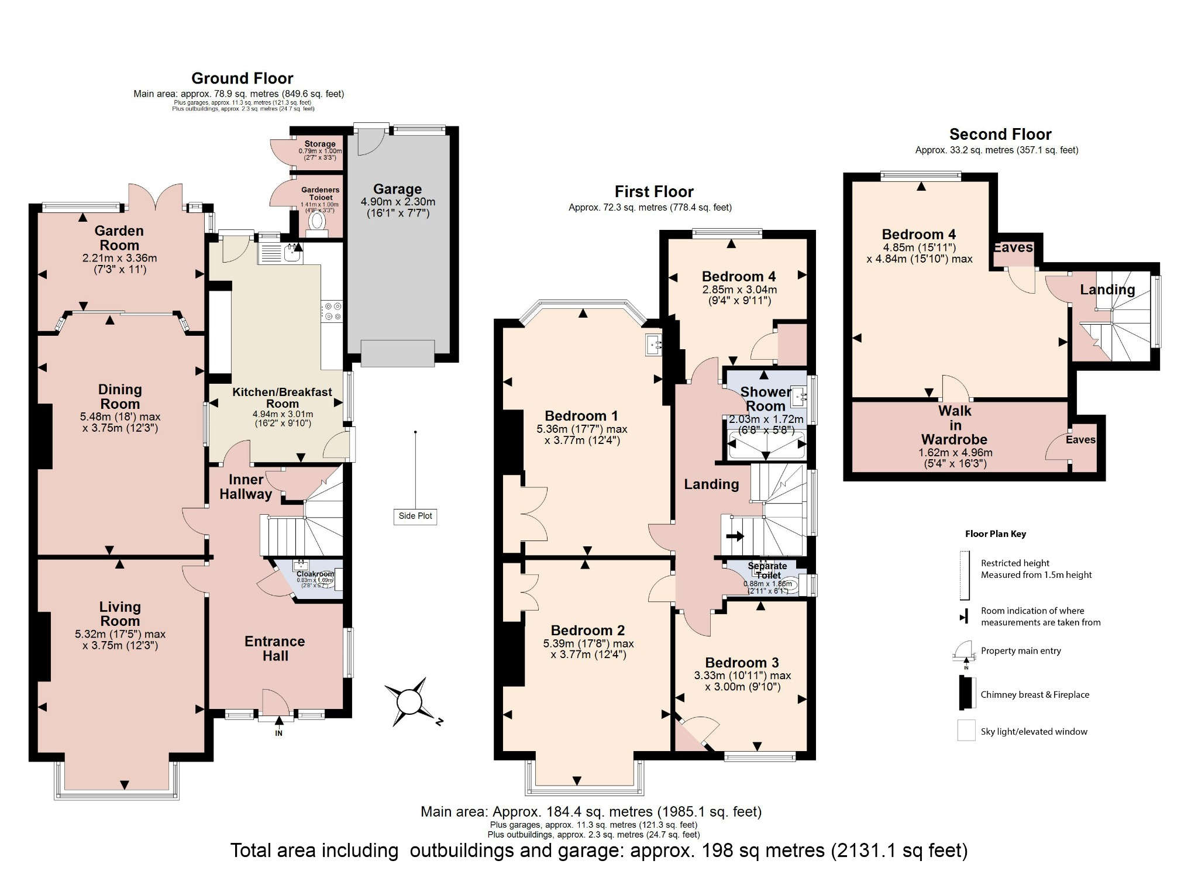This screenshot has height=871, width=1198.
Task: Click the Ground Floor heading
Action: point(242,78)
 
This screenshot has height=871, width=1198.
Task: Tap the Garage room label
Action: point(397,189)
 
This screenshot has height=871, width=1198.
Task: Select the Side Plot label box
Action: point(415,516)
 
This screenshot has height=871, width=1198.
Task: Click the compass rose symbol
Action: point(409,701)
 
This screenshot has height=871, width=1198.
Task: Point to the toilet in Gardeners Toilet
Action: point(317,221)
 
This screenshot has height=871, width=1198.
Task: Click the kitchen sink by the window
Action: point(292,253)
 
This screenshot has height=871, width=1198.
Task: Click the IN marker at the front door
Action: point(278,733)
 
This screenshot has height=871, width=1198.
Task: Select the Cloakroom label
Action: point(315,574)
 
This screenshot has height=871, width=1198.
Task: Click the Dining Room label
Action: point(120,397)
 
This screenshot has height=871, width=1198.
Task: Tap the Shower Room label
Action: point(765,399)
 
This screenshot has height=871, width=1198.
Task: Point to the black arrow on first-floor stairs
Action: point(735,535)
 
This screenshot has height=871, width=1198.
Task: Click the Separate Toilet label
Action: point(767,570)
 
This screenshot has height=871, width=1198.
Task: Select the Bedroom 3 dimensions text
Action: point(742,681)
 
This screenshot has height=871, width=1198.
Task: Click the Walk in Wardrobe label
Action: point(955,425)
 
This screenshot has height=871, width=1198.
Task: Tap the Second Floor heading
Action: point(1000,135)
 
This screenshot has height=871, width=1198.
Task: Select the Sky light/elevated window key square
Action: point(966,731)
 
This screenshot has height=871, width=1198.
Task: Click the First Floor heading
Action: point(653,192)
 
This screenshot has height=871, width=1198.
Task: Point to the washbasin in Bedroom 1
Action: point(653,345)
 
